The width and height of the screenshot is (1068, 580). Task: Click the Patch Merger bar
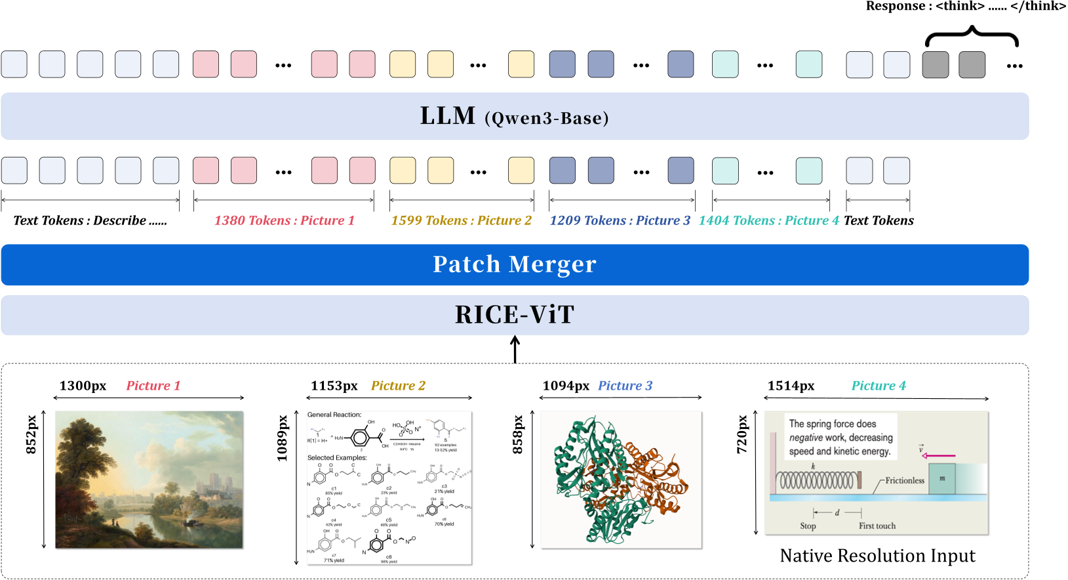(x=515, y=264)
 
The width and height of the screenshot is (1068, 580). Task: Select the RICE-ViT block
(x=515, y=315)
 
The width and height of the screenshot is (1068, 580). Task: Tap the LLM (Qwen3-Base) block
(x=515, y=116)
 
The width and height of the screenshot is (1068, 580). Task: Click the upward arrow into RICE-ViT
(x=515, y=349)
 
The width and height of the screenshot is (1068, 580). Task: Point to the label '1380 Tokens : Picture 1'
(x=284, y=220)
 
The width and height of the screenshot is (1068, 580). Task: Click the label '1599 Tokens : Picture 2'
(x=461, y=220)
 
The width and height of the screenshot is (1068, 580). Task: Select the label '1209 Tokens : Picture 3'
(x=620, y=220)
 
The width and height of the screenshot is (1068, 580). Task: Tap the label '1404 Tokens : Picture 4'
(x=768, y=220)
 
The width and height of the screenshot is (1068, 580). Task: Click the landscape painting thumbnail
(x=149, y=480)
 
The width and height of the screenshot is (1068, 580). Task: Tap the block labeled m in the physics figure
(x=941, y=479)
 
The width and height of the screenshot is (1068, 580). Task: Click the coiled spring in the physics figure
(x=816, y=481)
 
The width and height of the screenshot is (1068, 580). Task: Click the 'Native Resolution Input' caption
(x=877, y=556)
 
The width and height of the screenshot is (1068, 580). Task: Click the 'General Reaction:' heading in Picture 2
(x=334, y=415)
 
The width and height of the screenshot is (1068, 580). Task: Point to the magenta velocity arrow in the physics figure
(x=938, y=455)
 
